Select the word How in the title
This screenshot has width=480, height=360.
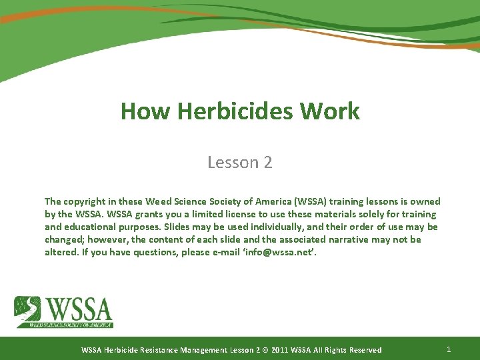pyautogui.click(x=142, y=111)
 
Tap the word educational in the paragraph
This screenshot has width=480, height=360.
pyautogui.click(x=95, y=227)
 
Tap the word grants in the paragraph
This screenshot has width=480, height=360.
pyautogui.click(x=137, y=214)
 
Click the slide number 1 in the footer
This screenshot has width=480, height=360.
pyautogui.click(x=449, y=349)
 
